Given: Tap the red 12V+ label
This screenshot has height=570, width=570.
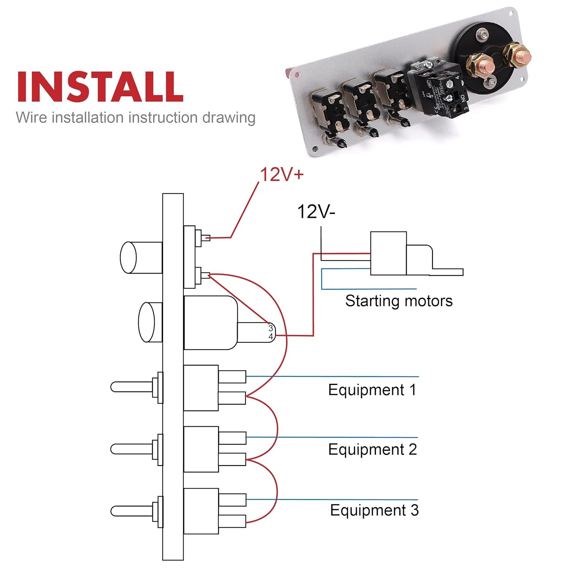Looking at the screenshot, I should click(282, 175).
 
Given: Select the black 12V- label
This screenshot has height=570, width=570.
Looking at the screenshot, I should click(316, 212).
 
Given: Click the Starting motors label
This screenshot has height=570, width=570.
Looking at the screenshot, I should click(399, 301).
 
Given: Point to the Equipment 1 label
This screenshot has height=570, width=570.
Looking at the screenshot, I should click(372, 390).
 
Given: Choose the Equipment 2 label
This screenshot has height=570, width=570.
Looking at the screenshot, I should click(372, 450).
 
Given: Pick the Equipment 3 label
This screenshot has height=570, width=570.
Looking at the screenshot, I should click(374, 510).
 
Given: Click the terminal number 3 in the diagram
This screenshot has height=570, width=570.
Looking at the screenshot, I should click(271, 328).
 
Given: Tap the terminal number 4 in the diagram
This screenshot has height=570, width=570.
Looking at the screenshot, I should click(271, 337).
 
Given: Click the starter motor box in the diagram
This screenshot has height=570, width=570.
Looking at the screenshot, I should click(388, 253).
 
